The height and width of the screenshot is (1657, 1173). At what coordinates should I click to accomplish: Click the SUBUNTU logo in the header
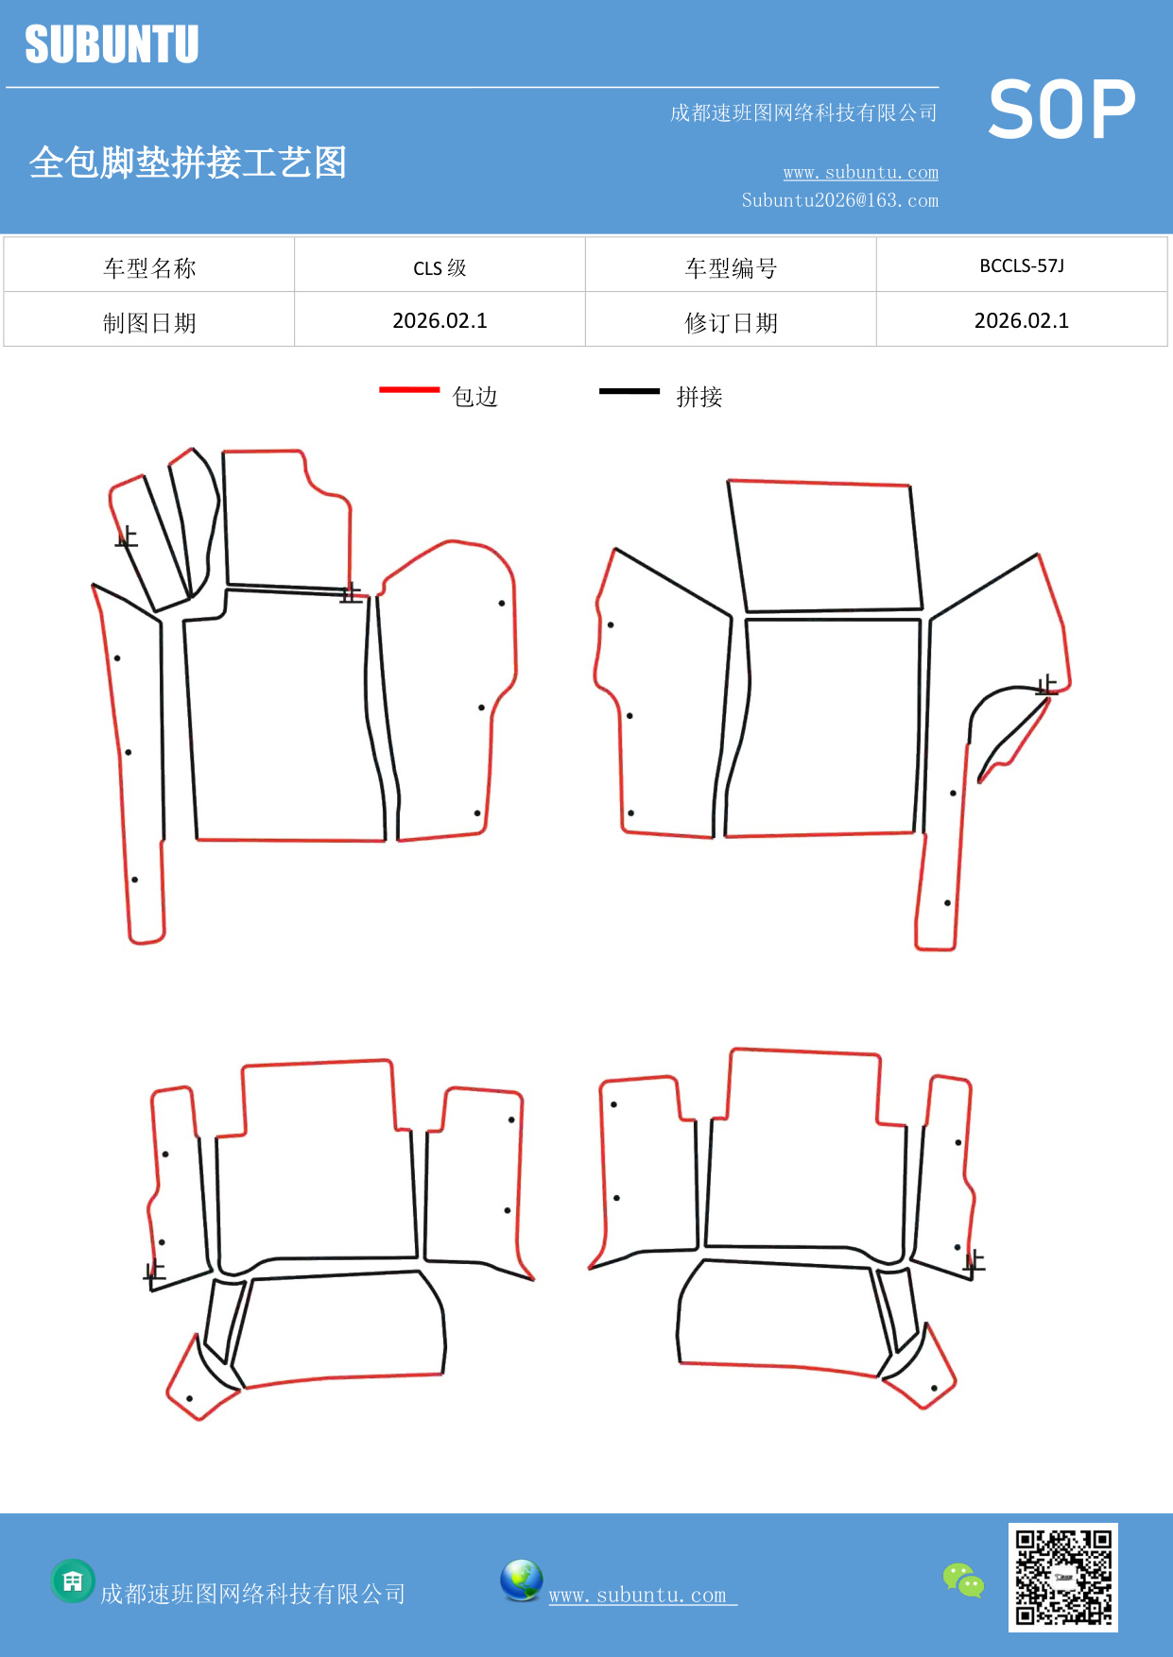112,44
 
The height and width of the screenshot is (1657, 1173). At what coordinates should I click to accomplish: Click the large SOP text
1061,111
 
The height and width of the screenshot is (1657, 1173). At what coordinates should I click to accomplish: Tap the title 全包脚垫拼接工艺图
188,162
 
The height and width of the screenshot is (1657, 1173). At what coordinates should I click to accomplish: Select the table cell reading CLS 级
440,267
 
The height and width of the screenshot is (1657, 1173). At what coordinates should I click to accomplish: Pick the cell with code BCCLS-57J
1021,265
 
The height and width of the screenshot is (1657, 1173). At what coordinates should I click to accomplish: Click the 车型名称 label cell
149,267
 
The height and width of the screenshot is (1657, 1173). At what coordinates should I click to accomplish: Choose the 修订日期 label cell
731,322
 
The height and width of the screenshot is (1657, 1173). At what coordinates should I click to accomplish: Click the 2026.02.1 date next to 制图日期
440,321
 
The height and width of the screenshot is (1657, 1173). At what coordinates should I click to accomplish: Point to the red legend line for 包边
409,389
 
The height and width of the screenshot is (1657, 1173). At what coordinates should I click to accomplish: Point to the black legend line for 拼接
629,390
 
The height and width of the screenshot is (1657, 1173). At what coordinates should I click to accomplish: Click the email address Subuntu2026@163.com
839,200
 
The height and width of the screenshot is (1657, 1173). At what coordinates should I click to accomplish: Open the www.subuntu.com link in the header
860,172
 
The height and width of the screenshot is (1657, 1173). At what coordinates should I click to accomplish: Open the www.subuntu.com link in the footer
638,1595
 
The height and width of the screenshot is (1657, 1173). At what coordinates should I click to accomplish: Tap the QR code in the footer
1062,1577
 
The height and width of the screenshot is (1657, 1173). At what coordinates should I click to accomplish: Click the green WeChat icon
963,1580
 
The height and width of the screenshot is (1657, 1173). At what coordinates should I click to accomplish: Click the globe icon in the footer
521,1580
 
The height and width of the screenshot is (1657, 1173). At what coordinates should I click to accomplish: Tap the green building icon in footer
73,1580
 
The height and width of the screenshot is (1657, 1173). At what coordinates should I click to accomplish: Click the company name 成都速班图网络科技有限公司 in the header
803,113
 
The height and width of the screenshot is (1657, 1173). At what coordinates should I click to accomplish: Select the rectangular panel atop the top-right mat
825,546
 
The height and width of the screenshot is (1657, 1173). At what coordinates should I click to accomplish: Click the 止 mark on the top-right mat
1046,685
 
